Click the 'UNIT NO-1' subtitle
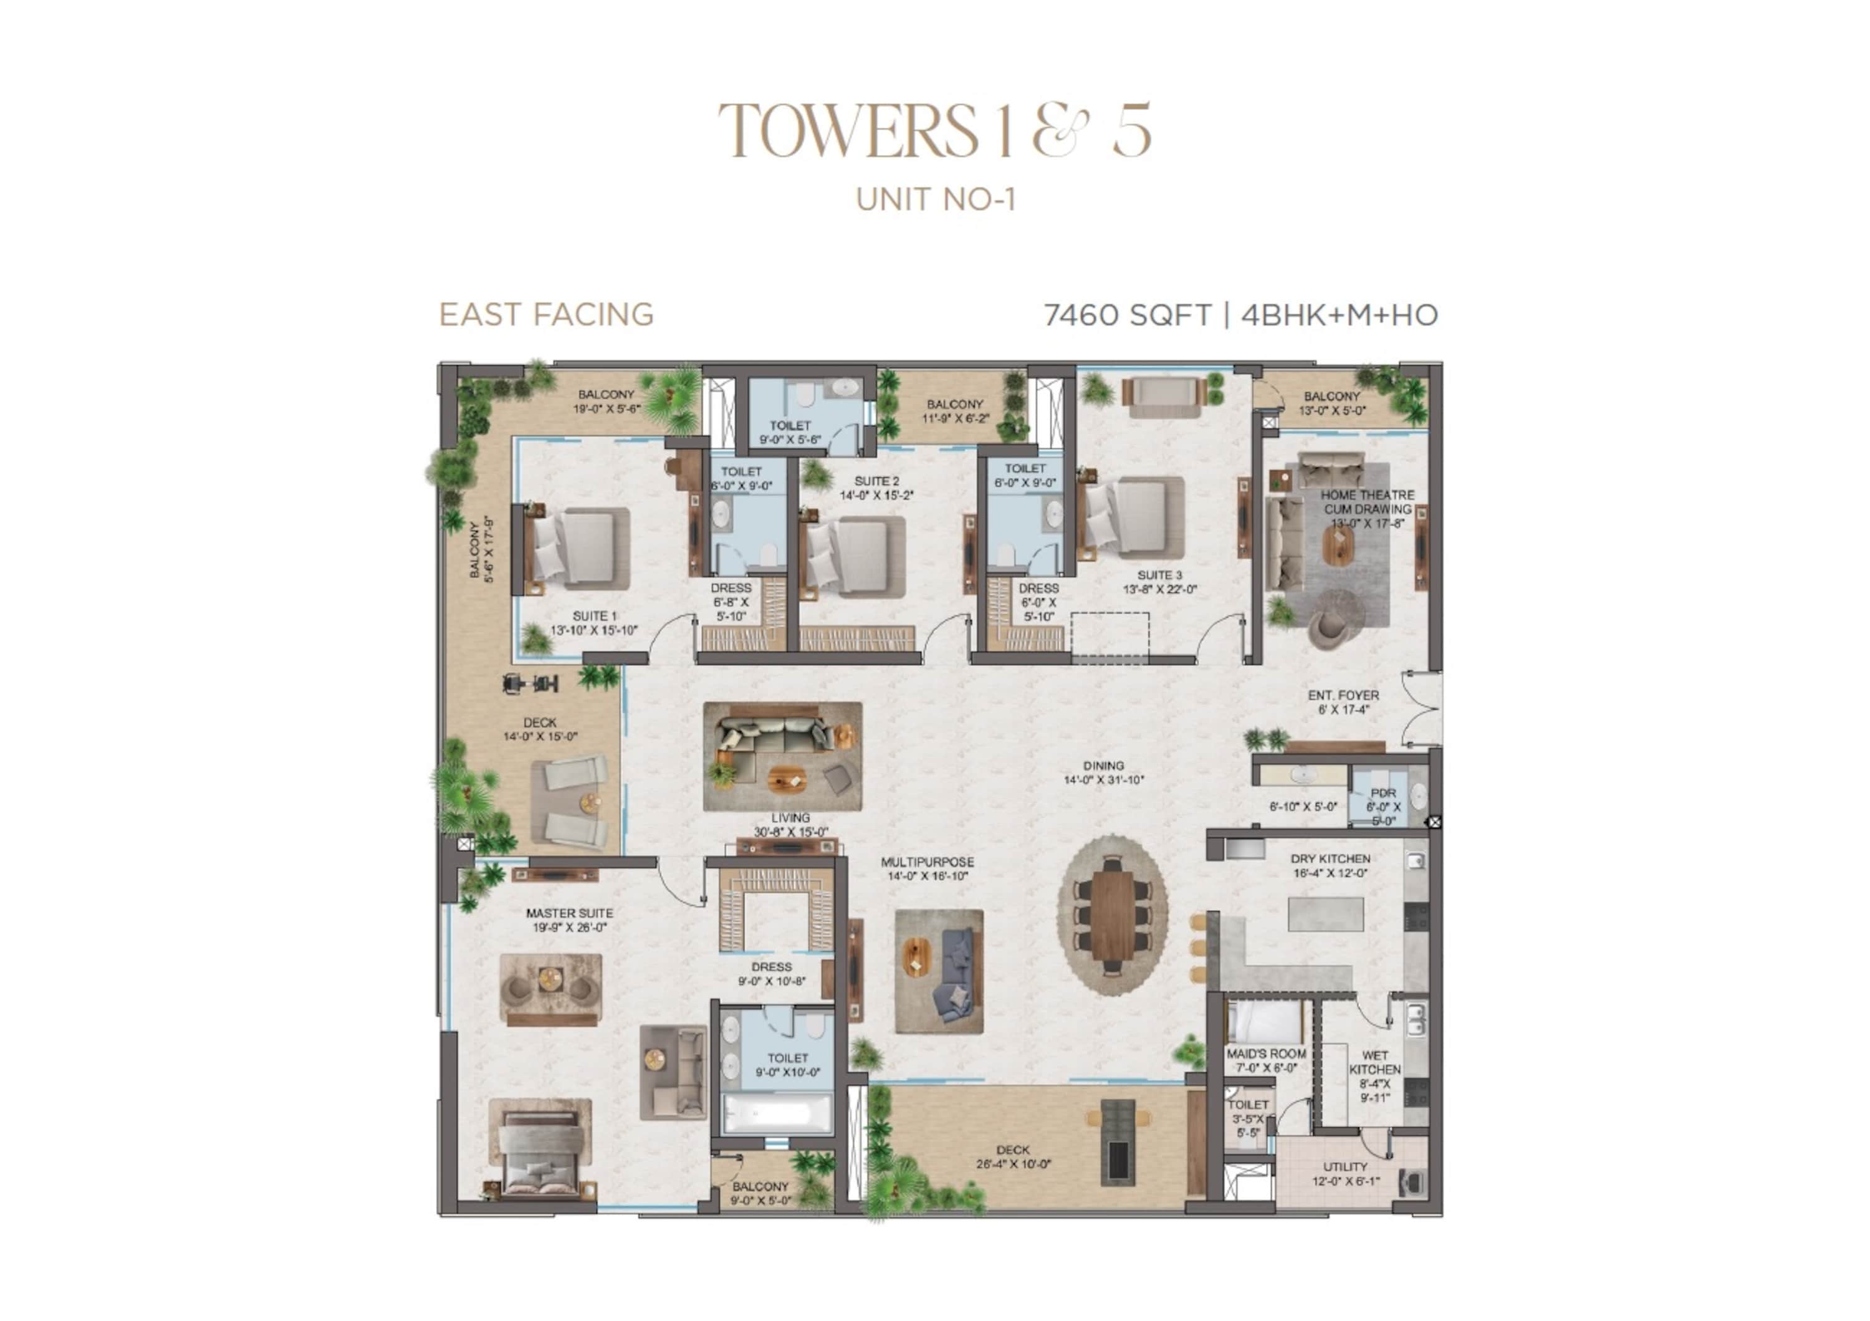[936, 199]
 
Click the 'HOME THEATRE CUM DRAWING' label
[1368, 502]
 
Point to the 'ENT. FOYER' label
[1344, 696]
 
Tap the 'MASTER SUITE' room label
[569, 913]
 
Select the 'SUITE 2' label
[876, 481]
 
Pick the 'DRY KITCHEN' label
[1330, 858]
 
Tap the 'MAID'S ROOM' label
[1267, 1053]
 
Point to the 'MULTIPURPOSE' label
[927, 862]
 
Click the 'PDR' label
[1383, 792]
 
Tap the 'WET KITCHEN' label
[1375, 1062]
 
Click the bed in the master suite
[540, 1146]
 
